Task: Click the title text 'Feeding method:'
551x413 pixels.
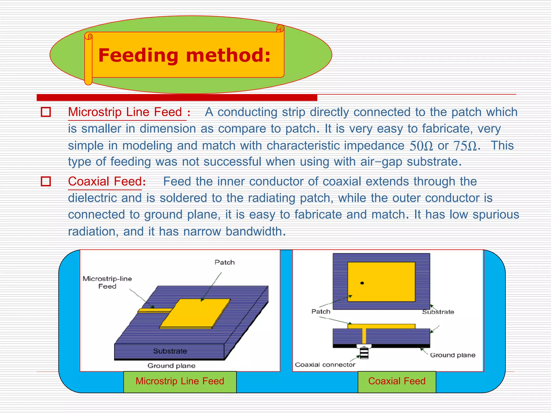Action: coord(184,55)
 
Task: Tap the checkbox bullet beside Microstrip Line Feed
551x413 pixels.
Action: coord(46,112)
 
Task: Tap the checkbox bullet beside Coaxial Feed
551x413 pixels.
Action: coord(46,181)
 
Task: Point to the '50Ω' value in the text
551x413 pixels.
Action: coord(421,146)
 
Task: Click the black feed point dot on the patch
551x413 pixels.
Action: coord(362,283)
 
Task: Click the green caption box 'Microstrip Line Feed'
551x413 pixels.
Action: coord(180,381)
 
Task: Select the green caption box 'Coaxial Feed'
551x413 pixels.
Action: coord(397,381)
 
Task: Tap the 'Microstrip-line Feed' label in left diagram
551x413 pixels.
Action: coord(107,282)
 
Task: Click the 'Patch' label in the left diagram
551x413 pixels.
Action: coord(224,262)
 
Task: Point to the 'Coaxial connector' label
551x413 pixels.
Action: coord(325,365)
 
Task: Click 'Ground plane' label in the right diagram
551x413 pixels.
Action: coord(453,355)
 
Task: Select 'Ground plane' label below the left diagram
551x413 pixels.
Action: coord(171,366)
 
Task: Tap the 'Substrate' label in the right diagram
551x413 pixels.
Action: coord(438,312)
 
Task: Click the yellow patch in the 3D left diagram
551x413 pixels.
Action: coord(195,313)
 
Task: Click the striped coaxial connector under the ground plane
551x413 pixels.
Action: coord(364,353)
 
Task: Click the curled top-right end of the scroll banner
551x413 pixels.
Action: coord(280,28)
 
